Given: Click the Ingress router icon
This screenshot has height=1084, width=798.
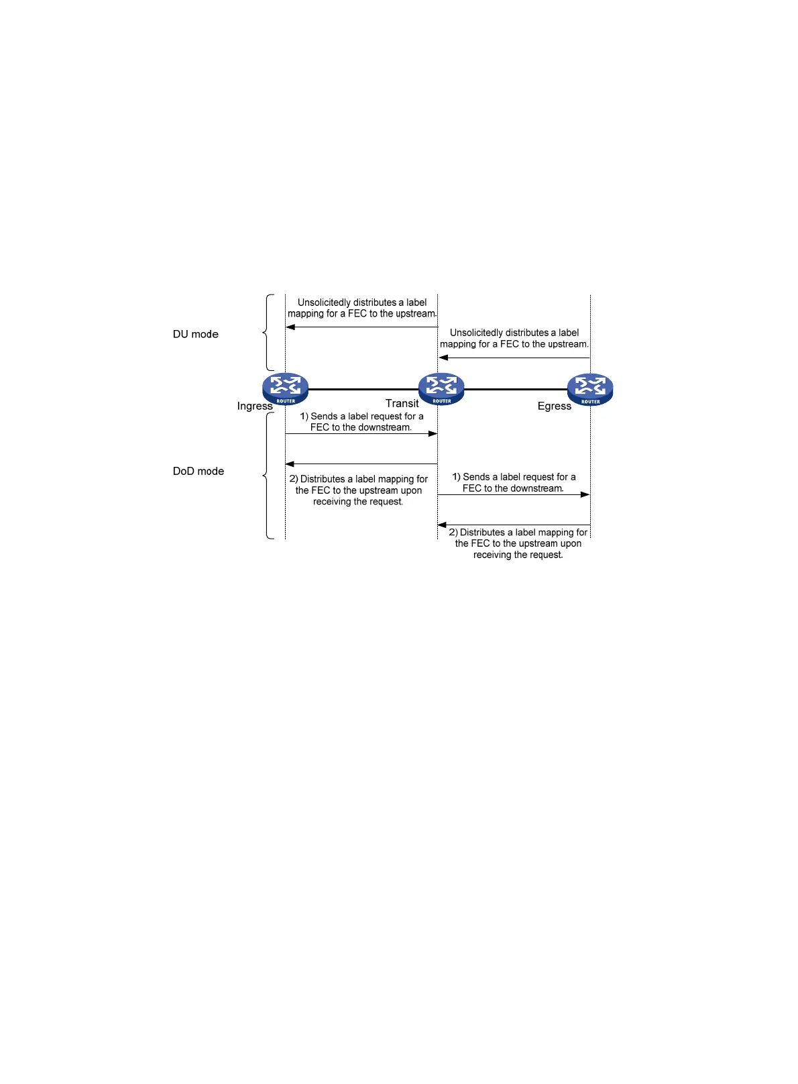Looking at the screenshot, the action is pyautogui.click(x=286, y=388).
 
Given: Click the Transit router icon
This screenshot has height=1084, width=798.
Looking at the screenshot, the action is pyautogui.click(x=441, y=388).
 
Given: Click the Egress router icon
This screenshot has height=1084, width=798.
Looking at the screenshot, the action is pyautogui.click(x=590, y=389).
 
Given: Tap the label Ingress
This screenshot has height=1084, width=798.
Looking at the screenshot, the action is pyautogui.click(x=255, y=406).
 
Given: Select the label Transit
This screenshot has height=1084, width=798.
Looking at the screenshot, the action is pyautogui.click(x=402, y=403).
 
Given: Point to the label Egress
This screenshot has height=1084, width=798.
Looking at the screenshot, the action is pyautogui.click(x=554, y=406).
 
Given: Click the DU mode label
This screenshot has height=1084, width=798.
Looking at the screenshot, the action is pyautogui.click(x=196, y=334).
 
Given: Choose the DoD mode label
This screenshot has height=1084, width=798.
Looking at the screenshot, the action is pyautogui.click(x=198, y=471).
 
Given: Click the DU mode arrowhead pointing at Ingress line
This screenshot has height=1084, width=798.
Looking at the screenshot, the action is pyautogui.click(x=291, y=327).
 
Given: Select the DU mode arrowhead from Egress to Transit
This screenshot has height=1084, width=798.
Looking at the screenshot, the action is pyautogui.click(x=443, y=358).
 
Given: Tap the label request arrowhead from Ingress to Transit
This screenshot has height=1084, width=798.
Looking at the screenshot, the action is pyautogui.click(x=433, y=434).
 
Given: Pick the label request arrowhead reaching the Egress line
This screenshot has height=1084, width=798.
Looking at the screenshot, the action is pyautogui.click(x=585, y=494).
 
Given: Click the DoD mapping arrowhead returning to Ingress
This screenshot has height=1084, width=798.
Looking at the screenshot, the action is pyautogui.click(x=290, y=464).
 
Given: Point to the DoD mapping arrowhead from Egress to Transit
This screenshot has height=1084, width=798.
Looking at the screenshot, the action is pyautogui.click(x=443, y=525).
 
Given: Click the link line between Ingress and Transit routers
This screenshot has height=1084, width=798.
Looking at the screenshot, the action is pyautogui.click(x=363, y=389).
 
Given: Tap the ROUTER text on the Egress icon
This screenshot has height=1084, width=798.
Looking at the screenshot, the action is pyautogui.click(x=590, y=402).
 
